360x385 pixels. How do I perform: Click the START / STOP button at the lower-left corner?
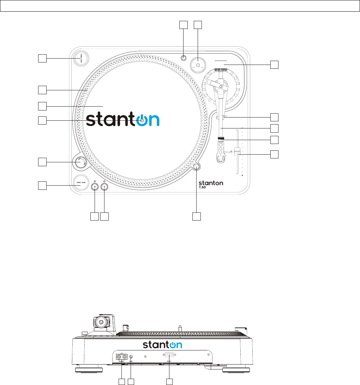[x=81, y=182]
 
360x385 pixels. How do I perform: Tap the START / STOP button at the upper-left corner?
[x=81, y=58]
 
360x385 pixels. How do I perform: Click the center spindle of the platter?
[x=142, y=120]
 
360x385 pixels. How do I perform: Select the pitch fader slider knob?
[x=237, y=152]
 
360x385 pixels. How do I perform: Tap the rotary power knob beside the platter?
[x=80, y=162]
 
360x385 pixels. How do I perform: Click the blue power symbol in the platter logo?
[x=142, y=120]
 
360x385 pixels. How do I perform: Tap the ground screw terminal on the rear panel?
[x=131, y=357]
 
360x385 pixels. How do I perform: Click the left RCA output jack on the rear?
[x=119, y=357]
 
